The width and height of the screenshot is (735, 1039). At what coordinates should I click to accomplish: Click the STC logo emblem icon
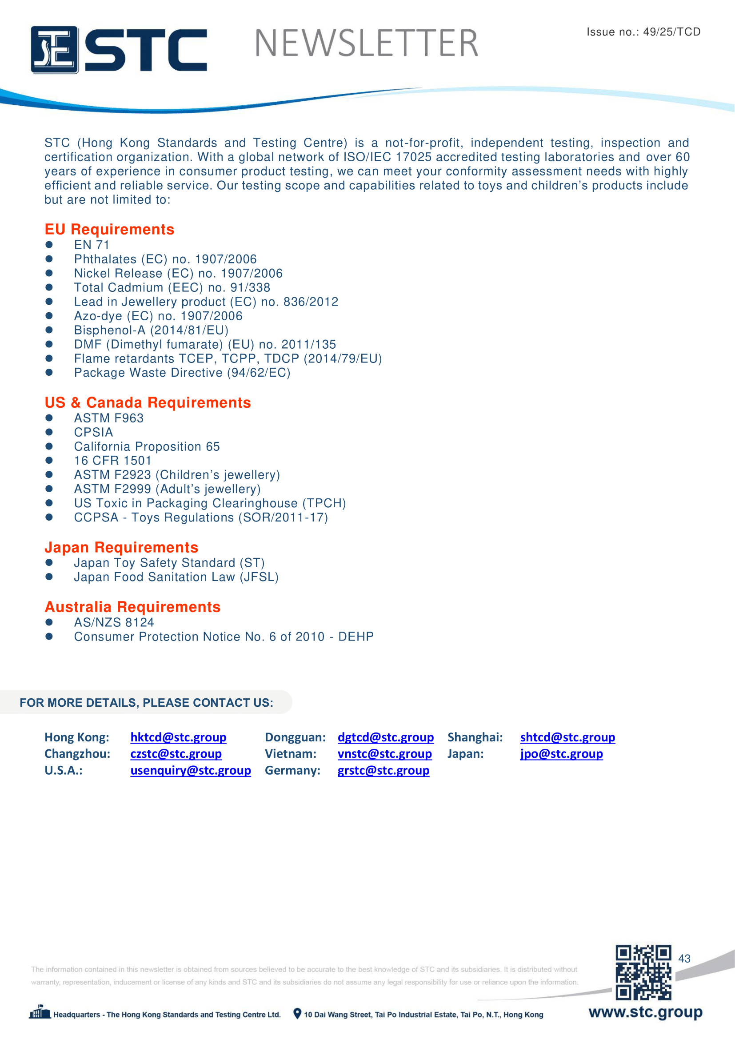54,50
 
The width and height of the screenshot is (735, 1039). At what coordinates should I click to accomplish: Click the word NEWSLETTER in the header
366,44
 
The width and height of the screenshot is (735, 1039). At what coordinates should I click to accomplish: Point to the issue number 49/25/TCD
671,32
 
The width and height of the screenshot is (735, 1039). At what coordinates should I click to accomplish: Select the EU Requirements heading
109,229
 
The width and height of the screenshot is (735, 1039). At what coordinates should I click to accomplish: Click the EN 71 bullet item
92,245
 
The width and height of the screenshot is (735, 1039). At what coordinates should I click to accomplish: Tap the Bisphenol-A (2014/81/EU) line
151,330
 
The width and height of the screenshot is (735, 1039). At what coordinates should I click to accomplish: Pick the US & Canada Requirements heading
148,402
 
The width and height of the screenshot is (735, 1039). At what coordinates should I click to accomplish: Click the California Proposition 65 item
147,446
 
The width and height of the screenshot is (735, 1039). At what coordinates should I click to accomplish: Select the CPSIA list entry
94,432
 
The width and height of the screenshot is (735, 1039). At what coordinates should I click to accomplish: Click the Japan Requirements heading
121,547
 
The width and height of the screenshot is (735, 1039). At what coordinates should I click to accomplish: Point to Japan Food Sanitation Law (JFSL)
176,577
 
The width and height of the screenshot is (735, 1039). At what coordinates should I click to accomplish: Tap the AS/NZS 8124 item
114,622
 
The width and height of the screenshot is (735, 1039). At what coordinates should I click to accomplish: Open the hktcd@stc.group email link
178,737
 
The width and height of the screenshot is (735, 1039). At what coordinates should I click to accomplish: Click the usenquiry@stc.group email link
191,770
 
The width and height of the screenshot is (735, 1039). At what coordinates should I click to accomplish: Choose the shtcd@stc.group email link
567,737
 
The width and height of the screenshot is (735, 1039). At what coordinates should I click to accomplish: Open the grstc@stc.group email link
383,770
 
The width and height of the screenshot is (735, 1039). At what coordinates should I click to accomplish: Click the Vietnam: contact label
291,754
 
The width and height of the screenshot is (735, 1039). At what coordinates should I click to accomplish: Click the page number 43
684,959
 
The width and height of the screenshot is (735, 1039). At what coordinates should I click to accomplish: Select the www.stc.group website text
645,1012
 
